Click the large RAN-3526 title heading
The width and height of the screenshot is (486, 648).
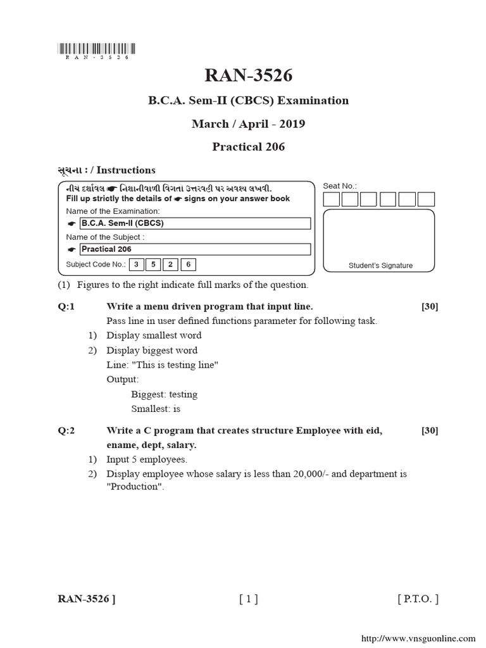[x=249, y=75]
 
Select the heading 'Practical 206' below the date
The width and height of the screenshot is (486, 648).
[x=248, y=147]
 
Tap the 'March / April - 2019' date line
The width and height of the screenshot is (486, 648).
[x=248, y=123]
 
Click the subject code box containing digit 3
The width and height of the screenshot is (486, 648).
[x=136, y=265]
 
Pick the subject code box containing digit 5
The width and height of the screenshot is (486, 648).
[x=153, y=265]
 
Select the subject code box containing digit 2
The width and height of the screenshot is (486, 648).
[x=170, y=265]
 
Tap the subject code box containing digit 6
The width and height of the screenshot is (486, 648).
[x=188, y=265]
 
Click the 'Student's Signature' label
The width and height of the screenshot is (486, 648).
[x=380, y=266]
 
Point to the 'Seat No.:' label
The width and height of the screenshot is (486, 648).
[x=340, y=186]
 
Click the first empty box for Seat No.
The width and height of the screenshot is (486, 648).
[x=331, y=199]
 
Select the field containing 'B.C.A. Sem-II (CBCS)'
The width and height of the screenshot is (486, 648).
[x=195, y=223]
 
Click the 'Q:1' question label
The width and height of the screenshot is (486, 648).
[x=66, y=306]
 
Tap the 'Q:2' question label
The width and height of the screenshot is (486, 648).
[x=66, y=431]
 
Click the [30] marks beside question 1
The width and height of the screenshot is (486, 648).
[x=430, y=306]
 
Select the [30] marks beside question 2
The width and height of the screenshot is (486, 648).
[x=430, y=431]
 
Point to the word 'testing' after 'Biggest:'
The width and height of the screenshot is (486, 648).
[x=183, y=394]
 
